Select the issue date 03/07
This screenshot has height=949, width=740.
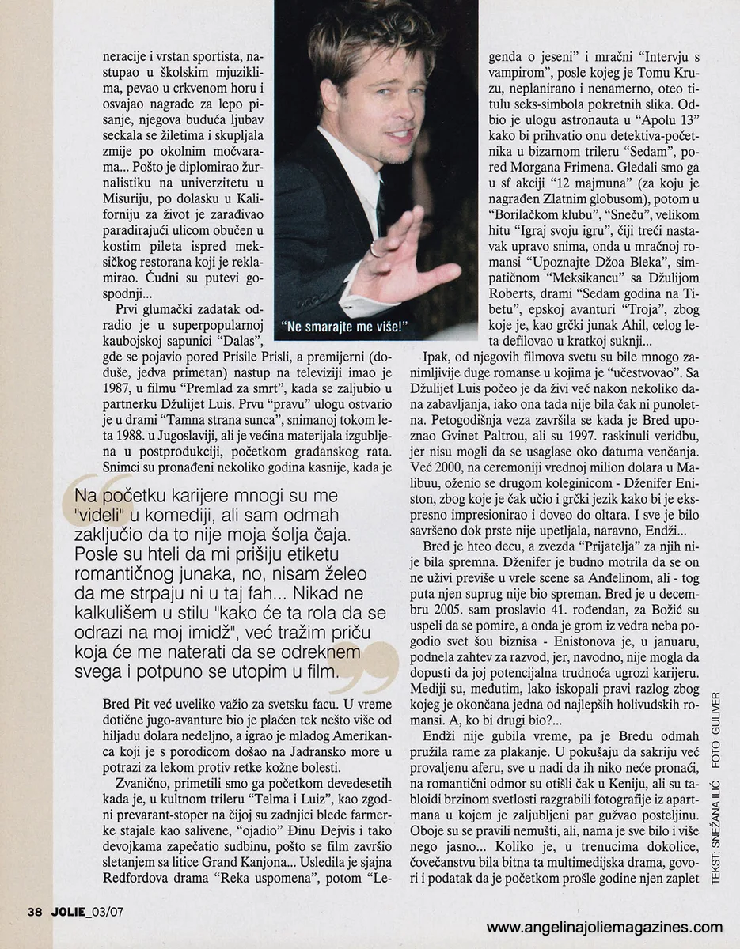pos(108,911)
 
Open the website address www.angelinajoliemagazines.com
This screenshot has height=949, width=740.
pos(604,927)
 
